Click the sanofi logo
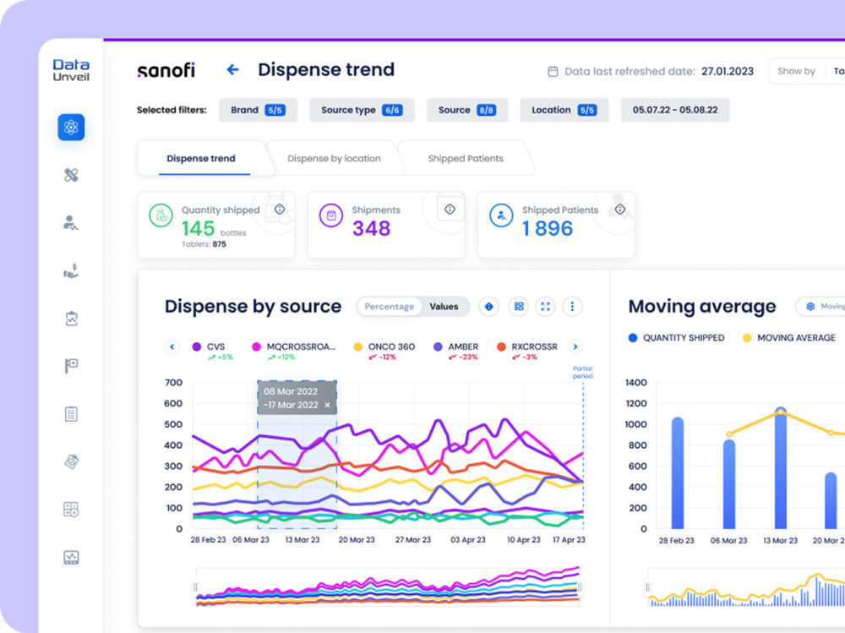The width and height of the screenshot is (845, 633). pos(166,71)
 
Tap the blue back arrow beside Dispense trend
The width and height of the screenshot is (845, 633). pos(233,69)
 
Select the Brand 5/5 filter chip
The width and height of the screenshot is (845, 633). pos(258,110)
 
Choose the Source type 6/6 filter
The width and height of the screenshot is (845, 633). pos(362,110)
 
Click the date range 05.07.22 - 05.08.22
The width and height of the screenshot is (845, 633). pos(674,110)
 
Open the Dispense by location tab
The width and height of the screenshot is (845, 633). pos(334,159)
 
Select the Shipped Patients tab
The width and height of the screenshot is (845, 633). pos(466,159)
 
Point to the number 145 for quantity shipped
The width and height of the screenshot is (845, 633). pos(199,229)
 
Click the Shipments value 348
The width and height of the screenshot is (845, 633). pos(371,229)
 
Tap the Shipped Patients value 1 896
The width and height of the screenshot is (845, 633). pos(548,229)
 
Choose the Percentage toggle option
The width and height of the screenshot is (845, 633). pos(389,306)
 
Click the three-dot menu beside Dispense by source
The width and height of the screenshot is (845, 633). pos(572,306)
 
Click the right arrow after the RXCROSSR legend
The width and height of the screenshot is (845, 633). pos(575,347)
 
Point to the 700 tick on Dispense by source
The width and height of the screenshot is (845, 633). pos(173,382)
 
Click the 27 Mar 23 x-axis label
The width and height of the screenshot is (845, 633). pos(413,540)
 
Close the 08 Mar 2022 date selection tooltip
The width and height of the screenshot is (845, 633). pos(327,405)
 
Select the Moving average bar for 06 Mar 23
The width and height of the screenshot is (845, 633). pos(729,483)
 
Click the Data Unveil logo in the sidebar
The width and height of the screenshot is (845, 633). pos(71,70)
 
